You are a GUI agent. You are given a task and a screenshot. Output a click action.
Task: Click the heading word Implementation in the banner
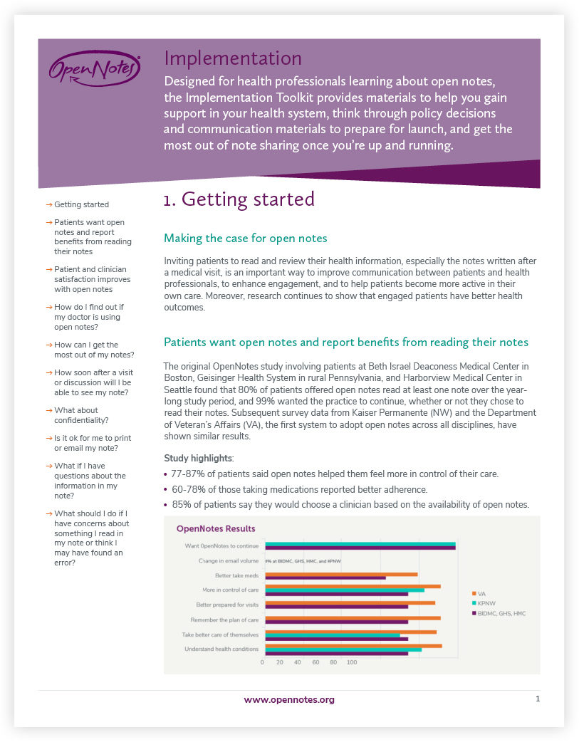[x=233, y=58]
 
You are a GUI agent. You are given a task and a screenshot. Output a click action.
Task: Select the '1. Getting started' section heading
[x=239, y=199]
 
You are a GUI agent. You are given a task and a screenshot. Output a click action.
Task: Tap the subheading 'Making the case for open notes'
[x=245, y=238]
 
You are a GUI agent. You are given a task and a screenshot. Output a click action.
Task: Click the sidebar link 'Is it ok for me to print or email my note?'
[x=93, y=443]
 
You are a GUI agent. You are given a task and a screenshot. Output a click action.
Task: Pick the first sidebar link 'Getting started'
[x=81, y=204]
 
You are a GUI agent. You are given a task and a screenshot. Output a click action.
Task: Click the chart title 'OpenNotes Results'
[x=216, y=528]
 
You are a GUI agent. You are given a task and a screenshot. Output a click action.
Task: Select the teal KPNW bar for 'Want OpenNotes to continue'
[x=360, y=545]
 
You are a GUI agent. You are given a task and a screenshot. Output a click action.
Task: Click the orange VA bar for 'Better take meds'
[x=341, y=573]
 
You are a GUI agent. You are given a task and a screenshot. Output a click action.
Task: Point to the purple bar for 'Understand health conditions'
[x=336, y=653]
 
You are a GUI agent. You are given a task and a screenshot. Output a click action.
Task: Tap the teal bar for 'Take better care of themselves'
[x=333, y=634]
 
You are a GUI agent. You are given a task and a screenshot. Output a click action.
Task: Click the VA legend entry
[x=481, y=593]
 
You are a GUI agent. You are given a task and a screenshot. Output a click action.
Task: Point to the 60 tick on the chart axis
[x=315, y=662]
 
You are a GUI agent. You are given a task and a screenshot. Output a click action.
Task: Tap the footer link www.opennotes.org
[x=289, y=700]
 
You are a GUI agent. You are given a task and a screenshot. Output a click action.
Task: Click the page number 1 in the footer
[x=538, y=699]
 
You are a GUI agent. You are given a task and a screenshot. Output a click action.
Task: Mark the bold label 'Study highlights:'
[x=189, y=458]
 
